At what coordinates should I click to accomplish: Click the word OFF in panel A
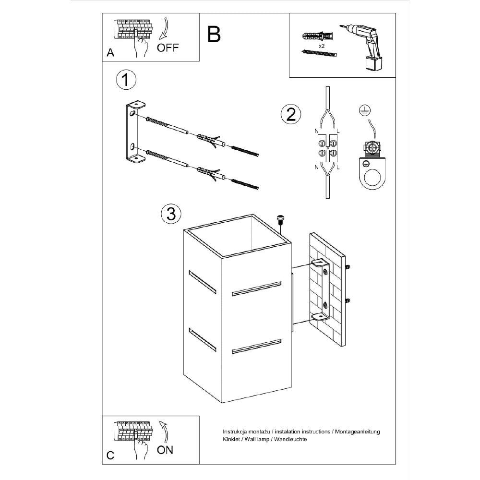[x=168, y=48]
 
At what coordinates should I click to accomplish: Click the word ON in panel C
[x=165, y=449]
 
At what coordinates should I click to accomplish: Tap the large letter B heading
[x=214, y=34]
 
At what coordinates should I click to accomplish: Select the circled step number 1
[x=126, y=80]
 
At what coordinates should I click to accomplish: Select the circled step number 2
[x=290, y=115]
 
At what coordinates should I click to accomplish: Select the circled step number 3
[x=171, y=214]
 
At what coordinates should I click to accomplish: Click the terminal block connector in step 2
[x=326, y=147]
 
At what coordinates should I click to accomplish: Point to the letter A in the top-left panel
[x=110, y=53]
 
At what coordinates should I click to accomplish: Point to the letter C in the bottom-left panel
[x=110, y=456]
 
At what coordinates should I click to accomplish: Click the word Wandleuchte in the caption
[x=290, y=439]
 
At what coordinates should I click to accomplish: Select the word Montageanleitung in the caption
[x=358, y=432]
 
